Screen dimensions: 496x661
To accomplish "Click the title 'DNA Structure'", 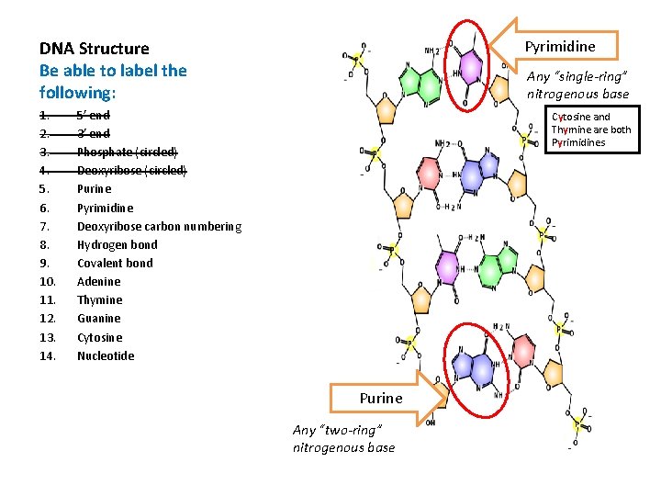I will point(94,48).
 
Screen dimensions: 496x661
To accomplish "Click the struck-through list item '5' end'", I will point(93,115).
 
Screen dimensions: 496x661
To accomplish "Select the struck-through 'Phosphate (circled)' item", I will point(127,152).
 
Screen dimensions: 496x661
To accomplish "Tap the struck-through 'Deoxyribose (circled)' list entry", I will point(131,170).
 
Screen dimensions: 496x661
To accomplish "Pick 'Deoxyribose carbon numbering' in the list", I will point(159,226).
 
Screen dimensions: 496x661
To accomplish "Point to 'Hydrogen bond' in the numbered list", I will point(117,244).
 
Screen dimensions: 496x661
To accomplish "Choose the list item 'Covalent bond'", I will point(115,263).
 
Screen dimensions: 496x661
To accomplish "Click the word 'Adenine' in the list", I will point(98,281).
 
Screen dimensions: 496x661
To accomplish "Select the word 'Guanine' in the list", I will point(98,318).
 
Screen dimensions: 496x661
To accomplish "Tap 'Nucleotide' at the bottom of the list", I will point(105,355).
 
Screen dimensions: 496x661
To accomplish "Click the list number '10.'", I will point(48,281).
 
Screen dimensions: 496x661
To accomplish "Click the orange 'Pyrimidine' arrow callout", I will point(559,46).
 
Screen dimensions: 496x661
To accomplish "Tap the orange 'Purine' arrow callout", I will point(380,398).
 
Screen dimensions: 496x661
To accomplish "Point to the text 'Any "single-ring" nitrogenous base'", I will point(577,85).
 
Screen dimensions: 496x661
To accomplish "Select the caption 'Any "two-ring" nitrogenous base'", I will point(343,438).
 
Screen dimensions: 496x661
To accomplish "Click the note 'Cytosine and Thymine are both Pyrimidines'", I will point(590,130).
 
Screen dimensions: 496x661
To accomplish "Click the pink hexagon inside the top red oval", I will point(470,68).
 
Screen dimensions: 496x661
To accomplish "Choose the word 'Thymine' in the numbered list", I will point(99,299).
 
